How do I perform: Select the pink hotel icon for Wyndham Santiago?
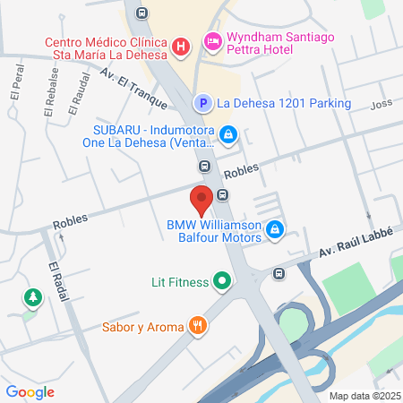pos(212,40)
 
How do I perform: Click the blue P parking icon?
pos(202,104)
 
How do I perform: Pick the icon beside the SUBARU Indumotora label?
pos(228,134)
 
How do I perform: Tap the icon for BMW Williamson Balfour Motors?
pos(275,231)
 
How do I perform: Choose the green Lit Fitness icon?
pos(221,282)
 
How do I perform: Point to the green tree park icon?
pos(32,296)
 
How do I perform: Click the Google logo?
pos(30,391)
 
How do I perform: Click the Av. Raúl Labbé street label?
pos(356,249)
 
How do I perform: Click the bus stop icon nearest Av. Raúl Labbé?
pos(279,274)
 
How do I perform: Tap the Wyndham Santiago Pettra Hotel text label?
pos(272,45)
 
